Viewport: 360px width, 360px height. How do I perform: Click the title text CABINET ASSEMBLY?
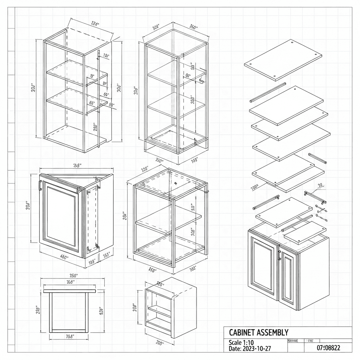click(x=259, y=332)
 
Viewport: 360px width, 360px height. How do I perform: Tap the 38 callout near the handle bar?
click(x=320, y=185)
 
